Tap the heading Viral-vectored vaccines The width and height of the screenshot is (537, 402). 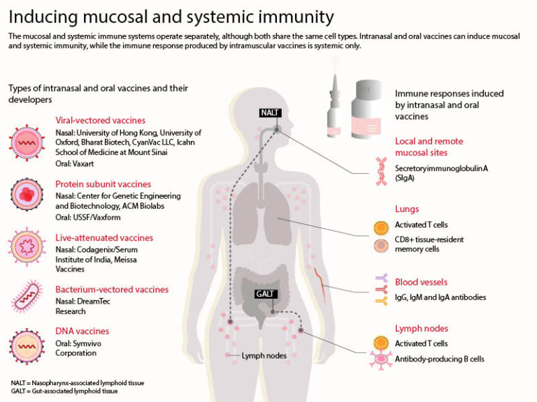pos(100,120)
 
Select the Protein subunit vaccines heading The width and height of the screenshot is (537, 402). pos(103,184)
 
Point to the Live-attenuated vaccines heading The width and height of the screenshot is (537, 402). pos(104,238)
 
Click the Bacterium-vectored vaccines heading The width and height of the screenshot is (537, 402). pos(112,290)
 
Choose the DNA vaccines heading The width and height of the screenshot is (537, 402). pos(82,331)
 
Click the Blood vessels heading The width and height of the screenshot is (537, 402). pos(421,283)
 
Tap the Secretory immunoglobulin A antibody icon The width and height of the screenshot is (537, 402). pos(381,172)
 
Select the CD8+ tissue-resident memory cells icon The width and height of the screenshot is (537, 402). pos(381,246)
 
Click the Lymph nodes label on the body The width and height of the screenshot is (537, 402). pos(264,355)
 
